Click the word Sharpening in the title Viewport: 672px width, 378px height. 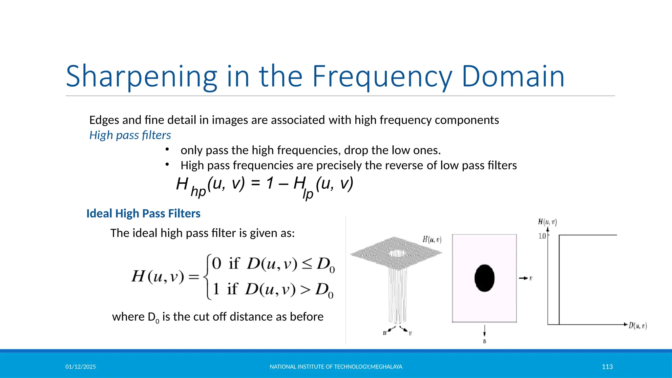tap(141, 77)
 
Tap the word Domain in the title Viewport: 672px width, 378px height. tap(513, 77)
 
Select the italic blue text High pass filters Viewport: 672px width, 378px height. tap(130, 135)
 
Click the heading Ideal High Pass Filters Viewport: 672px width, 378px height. tap(143, 214)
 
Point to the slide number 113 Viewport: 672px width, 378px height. tap(607, 367)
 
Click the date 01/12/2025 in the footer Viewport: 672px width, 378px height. tap(80, 367)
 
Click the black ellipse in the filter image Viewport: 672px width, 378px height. tap(484, 278)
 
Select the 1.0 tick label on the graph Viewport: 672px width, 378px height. tap(542, 236)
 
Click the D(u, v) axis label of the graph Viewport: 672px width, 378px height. tap(638, 326)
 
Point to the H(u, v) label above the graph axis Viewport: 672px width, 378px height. tap(547, 222)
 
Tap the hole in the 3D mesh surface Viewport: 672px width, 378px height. tap(397, 253)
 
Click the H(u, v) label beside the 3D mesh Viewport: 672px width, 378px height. tap(432, 240)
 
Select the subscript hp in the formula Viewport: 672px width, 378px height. tap(198, 192)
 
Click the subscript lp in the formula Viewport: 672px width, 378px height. tap(308, 194)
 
